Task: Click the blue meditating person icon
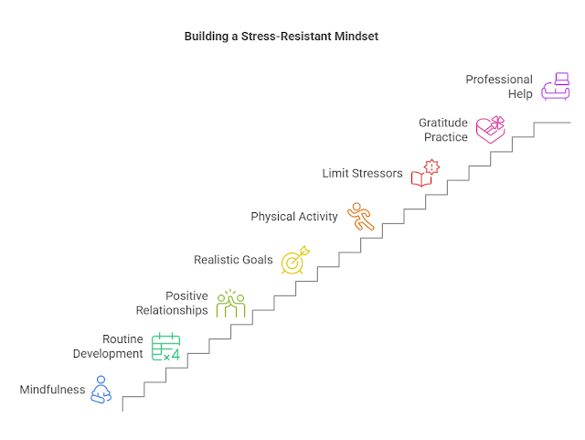(x=101, y=390)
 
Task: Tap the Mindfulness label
(x=53, y=391)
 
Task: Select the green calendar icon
(x=165, y=347)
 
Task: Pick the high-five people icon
(x=230, y=304)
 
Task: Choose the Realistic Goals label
(x=233, y=260)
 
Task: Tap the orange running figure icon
(x=360, y=217)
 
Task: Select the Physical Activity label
(x=294, y=217)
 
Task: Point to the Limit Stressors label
(x=363, y=173)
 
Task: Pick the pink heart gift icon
(x=490, y=130)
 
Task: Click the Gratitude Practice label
(x=443, y=130)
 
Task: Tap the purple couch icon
(x=555, y=86)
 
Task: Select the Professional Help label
(x=499, y=87)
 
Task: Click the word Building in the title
(x=207, y=37)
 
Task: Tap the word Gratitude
(x=443, y=123)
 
